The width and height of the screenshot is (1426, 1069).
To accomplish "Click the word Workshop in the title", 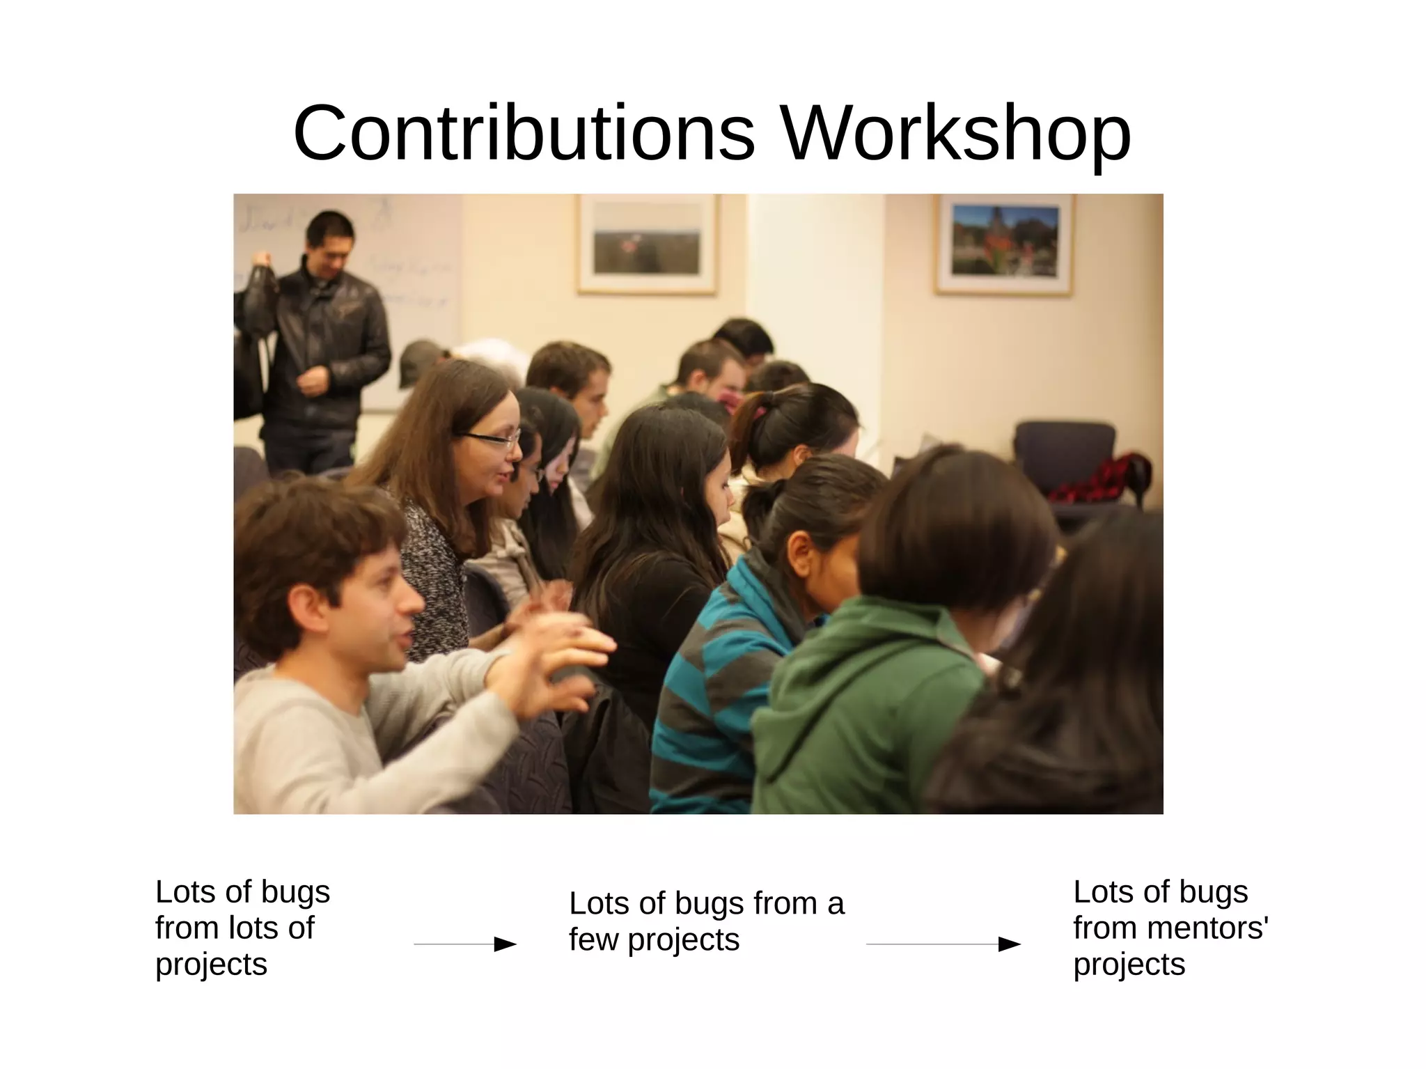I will (955, 134).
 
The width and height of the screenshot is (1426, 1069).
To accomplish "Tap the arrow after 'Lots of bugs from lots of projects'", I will (465, 944).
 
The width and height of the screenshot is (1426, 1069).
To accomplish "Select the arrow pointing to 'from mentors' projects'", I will (943, 944).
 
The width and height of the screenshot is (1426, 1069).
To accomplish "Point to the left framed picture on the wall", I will (647, 244).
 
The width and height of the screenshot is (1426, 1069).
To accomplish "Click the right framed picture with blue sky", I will (1004, 245).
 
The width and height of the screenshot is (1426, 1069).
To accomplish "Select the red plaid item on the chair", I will (1100, 477).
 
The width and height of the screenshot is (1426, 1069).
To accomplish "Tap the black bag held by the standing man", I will (256, 292).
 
